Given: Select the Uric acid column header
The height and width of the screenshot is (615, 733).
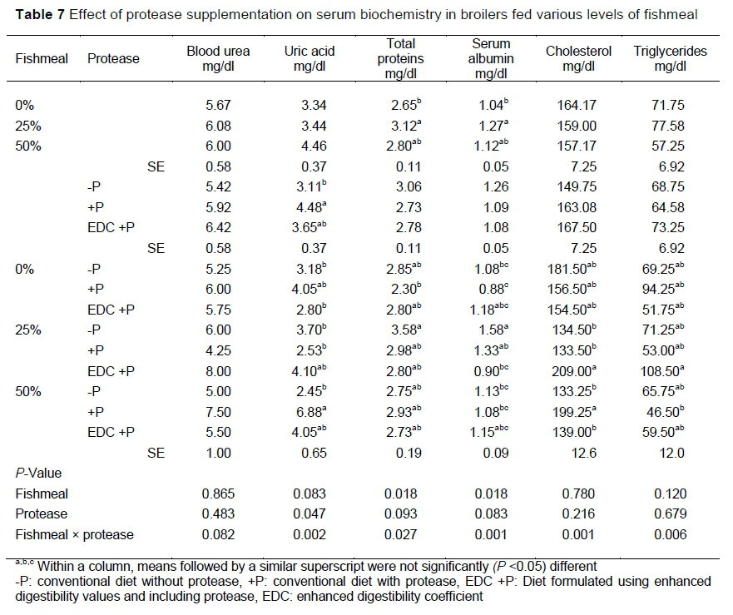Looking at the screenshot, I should (305, 58).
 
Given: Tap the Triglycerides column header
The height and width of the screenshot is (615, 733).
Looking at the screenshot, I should (670, 58).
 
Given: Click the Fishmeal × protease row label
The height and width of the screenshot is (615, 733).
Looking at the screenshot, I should (75, 533).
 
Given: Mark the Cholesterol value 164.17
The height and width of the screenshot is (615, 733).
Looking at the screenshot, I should (578, 106).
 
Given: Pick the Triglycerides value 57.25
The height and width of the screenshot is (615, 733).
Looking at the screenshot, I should (670, 146).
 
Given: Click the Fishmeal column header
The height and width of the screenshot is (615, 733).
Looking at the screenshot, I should (42, 58).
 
